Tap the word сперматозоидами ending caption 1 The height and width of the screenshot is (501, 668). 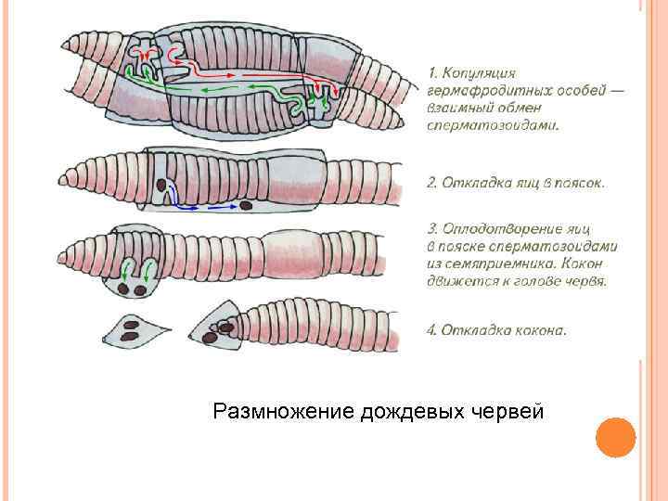pyautogui.click(x=493, y=125)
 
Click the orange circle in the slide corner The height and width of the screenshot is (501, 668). pyautogui.click(x=614, y=437)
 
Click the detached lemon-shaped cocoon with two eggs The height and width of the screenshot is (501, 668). pyautogui.click(x=134, y=328)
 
